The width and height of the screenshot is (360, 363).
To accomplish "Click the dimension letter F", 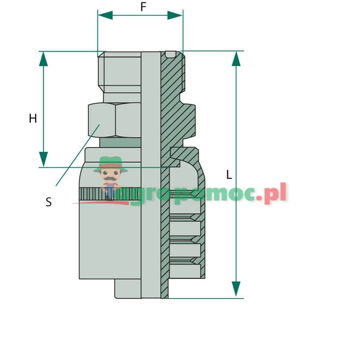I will click(143, 7).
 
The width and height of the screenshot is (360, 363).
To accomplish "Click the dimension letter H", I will click(33, 119).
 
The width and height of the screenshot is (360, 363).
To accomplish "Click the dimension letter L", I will click(229, 175).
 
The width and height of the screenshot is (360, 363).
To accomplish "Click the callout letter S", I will click(48, 203).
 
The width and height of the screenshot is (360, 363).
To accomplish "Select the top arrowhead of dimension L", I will click(236, 59).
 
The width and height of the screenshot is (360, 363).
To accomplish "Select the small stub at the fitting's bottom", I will click(128, 290).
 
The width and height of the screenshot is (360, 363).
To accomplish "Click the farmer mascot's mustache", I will click(110, 180).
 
